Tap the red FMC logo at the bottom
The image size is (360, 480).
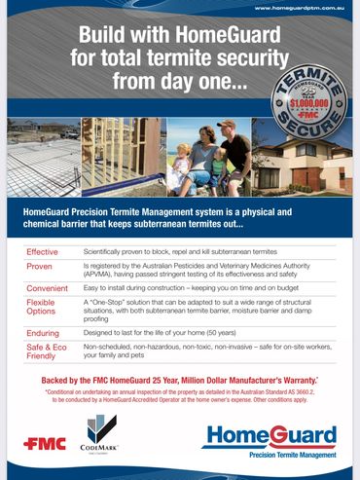coord(46,443)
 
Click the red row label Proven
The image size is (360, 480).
coord(39,266)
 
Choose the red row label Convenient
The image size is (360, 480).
coord(47,287)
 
